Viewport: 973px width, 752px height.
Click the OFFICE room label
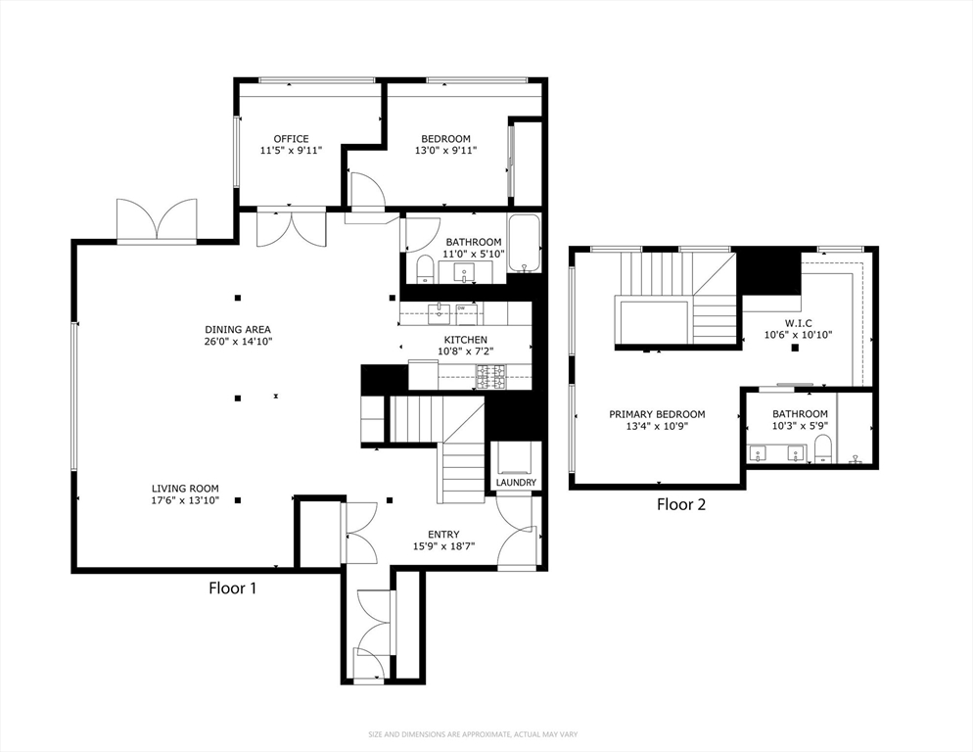291,139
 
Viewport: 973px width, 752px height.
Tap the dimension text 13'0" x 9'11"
445,152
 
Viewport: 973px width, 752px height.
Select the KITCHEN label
466,340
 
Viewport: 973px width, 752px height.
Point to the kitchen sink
438,313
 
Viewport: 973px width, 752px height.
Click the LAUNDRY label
515,483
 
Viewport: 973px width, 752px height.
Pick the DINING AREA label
238,329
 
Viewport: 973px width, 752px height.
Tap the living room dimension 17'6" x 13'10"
185,500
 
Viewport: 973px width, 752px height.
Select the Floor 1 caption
233,588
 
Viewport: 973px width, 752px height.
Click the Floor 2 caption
681,505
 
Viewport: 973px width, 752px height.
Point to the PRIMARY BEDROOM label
657,414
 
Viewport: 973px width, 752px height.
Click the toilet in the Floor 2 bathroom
822,450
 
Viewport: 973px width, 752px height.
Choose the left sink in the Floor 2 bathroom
757,453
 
